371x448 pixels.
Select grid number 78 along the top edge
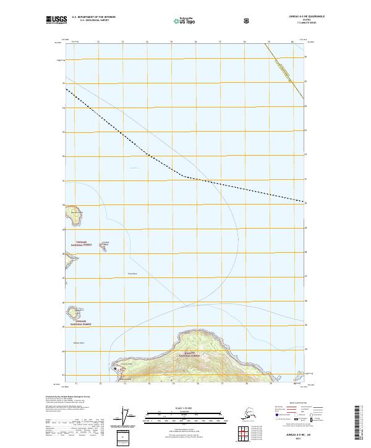click(x=244, y=42)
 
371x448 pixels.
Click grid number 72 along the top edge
click(x=99, y=42)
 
